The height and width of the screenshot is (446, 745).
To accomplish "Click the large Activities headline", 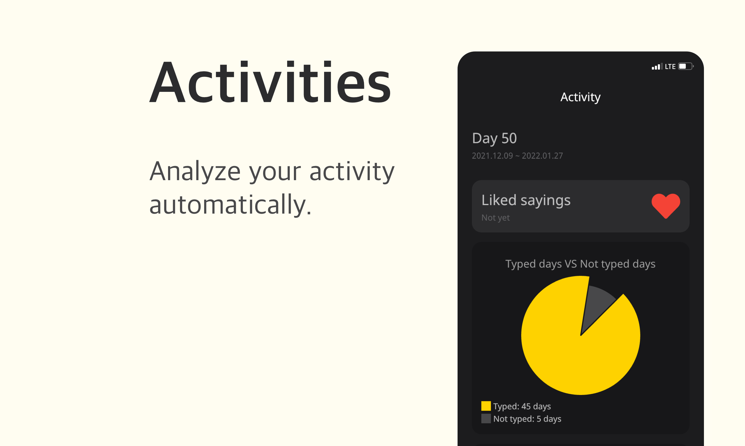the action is click(270, 82).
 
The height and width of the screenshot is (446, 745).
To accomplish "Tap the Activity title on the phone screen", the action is click(580, 97).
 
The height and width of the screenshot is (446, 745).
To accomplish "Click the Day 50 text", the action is click(494, 138).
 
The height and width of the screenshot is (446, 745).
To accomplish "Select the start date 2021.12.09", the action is click(492, 156).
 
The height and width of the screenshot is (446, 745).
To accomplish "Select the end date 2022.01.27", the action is click(542, 156).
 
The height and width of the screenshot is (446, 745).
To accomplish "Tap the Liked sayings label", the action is click(526, 200).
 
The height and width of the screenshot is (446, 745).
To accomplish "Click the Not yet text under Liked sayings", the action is click(495, 218).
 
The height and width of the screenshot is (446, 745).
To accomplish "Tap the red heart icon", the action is click(666, 206).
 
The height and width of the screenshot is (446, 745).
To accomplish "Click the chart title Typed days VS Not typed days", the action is click(580, 264).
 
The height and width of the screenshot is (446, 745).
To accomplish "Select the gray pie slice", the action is click(596, 304).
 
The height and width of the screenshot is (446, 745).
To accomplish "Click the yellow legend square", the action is click(486, 406).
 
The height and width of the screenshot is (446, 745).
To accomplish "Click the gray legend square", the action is click(486, 418).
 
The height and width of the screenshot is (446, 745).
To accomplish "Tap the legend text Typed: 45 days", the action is click(522, 406).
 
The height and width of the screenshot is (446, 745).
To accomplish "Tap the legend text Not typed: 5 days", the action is click(527, 419).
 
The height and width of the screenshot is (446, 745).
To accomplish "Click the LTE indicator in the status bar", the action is click(670, 66).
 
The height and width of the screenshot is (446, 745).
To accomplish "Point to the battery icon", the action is click(686, 66).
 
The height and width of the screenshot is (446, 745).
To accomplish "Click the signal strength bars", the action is click(657, 66).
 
